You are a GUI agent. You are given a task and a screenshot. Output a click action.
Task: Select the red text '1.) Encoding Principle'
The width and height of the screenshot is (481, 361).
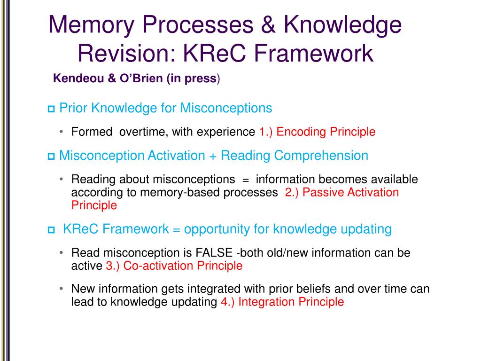317,132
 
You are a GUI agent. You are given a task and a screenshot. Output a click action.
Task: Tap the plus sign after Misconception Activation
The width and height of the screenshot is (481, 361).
213,156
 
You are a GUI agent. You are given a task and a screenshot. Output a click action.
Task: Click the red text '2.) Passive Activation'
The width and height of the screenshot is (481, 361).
342,192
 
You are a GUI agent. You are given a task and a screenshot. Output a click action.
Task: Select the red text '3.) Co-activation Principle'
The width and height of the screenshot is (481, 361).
174,266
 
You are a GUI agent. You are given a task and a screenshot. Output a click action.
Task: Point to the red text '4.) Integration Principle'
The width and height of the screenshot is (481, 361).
282,302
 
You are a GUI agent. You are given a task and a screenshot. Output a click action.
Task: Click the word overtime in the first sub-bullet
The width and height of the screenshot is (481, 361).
142,132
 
